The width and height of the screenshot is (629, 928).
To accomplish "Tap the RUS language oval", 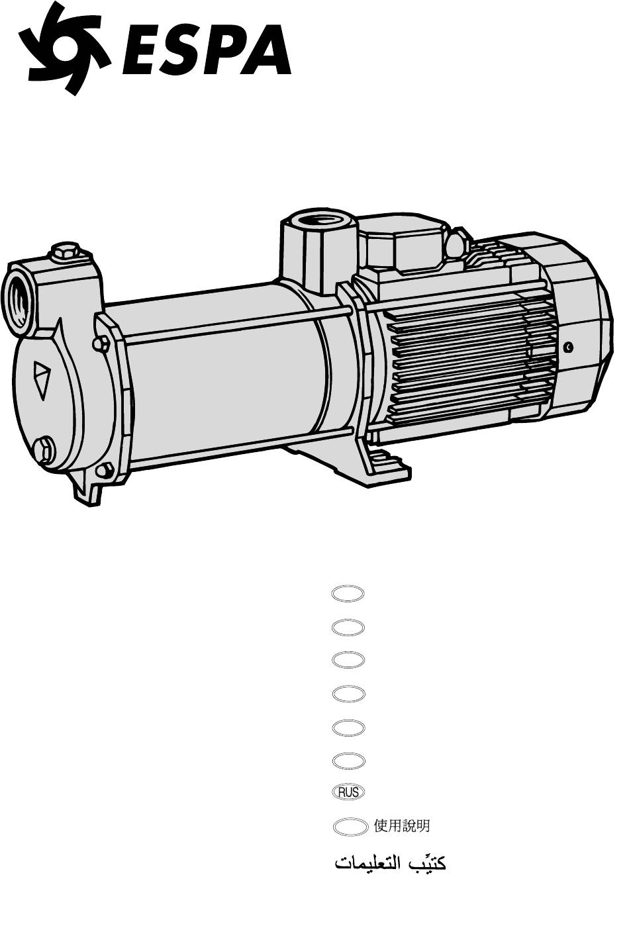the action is point(348,792).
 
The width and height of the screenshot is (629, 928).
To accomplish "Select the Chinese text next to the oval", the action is point(401,825).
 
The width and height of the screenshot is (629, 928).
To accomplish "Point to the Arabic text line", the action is point(390,863).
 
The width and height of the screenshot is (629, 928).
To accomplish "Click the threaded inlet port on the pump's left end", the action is point(17,301).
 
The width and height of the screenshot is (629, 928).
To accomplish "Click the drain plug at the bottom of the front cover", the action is point(44,449).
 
